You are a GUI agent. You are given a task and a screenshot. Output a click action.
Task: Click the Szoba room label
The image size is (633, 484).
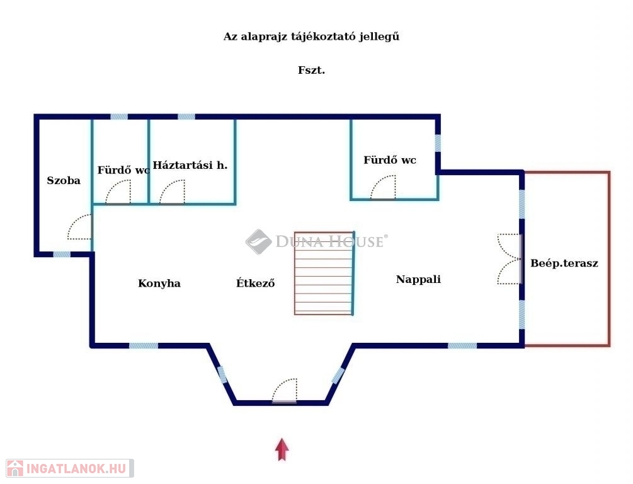64,180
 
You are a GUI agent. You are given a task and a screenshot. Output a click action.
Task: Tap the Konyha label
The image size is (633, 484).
159,283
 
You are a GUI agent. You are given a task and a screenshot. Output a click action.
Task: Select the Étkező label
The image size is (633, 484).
256,283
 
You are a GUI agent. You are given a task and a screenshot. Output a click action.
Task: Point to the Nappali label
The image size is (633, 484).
418,279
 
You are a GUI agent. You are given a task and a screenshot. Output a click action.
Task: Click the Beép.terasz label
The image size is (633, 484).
564,263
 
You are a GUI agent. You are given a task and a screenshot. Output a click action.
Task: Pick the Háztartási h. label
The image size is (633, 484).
190,165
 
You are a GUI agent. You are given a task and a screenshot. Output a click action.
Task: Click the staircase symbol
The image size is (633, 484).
324,273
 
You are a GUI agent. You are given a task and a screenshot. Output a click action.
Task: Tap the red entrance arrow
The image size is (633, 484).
282,449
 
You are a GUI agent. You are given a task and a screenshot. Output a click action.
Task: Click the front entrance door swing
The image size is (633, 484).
285,390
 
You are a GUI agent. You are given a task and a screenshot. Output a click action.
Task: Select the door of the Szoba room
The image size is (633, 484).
80,227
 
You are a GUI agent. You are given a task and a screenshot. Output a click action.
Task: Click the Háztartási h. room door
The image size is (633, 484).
173,192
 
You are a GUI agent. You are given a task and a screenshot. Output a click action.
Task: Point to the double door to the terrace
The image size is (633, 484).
510,259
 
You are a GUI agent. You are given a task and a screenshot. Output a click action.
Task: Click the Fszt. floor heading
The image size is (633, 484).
311,71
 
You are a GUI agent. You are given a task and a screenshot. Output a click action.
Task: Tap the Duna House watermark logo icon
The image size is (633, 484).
258,241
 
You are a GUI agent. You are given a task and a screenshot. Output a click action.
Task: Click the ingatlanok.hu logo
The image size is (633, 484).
70,469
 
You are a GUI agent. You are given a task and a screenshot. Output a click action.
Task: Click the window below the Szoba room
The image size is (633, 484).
62,255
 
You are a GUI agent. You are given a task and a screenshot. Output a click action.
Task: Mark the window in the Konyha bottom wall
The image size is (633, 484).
144,346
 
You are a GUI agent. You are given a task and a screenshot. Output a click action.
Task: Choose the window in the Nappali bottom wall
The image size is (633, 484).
462,346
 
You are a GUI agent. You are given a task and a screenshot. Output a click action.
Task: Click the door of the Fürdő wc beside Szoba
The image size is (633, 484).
118,192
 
